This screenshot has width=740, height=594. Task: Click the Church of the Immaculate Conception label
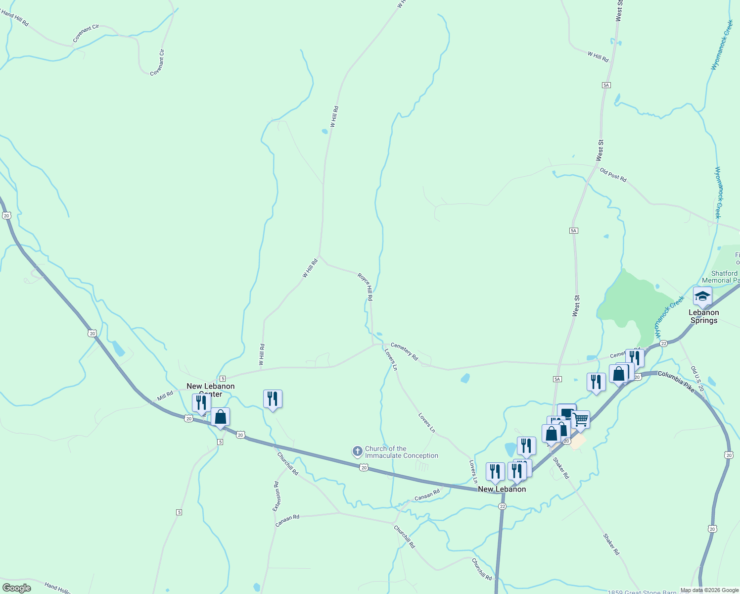point(401,452)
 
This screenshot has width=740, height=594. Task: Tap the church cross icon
point(357,451)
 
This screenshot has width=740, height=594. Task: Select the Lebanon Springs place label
point(703,316)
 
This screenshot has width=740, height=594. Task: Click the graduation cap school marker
point(702,296)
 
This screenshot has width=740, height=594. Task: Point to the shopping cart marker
point(580,420)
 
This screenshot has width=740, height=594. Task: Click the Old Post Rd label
point(613,175)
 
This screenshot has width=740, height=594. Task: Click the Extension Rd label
point(277,496)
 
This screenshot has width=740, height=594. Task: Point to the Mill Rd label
point(165,396)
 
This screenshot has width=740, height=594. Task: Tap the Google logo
point(16,588)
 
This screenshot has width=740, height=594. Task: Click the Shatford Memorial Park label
point(725,277)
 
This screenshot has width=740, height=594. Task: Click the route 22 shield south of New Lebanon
point(503,506)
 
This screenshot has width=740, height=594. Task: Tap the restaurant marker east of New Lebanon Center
point(273,398)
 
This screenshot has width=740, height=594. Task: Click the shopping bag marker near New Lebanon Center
point(220,417)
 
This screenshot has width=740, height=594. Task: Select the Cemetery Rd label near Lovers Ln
point(404,351)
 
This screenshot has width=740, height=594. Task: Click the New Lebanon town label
point(502,489)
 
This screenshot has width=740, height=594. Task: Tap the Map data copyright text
point(709,590)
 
